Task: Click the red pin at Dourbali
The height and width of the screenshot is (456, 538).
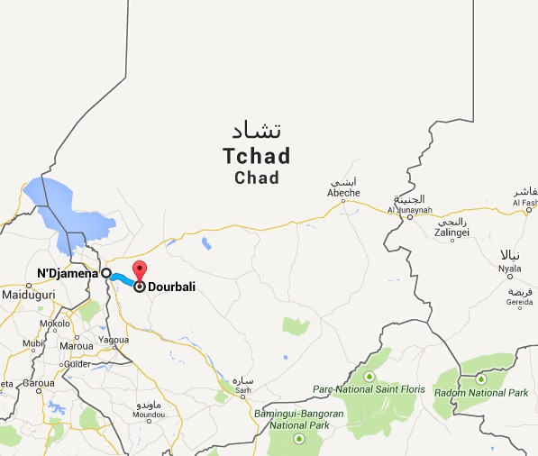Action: pos(139,269)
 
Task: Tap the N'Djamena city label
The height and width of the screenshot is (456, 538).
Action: pos(67,273)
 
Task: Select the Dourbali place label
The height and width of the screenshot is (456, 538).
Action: pos(171,287)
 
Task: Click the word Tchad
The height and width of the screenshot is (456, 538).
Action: pos(256,157)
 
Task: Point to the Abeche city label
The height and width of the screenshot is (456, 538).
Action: pos(343,193)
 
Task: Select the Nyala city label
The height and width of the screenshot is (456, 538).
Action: pos(509,268)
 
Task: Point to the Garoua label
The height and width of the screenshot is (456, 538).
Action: pos(39,382)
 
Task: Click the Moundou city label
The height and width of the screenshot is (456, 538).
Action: pos(149,415)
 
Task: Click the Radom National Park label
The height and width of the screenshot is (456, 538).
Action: pos(493,393)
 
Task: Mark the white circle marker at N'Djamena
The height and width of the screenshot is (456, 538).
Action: pos(105,273)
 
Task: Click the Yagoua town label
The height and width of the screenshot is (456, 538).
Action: pos(114,341)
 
